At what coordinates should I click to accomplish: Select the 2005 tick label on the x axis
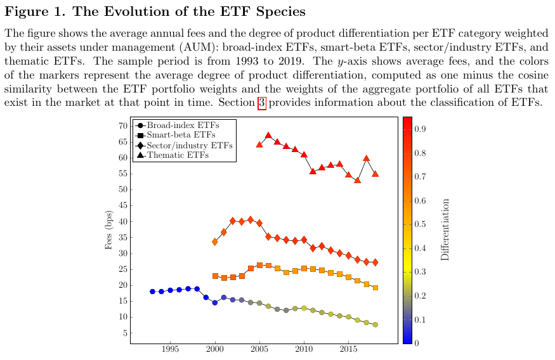pyautogui.click(x=259, y=349)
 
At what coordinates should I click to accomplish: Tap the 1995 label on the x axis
pyautogui.click(x=171, y=349)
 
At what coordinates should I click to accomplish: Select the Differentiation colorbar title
pyautogui.click(x=445, y=229)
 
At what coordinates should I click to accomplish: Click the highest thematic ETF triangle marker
pyautogui.click(x=268, y=135)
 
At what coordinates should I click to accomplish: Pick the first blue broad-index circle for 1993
pyautogui.click(x=152, y=292)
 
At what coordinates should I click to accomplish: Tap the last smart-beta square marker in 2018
pyautogui.click(x=375, y=288)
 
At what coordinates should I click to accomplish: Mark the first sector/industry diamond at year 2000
pyautogui.click(x=215, y=242)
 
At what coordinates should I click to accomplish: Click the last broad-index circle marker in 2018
pyautogui.click(x=375, y=325)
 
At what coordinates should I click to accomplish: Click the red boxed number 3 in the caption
pyautogui.click(x=261, y=104)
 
